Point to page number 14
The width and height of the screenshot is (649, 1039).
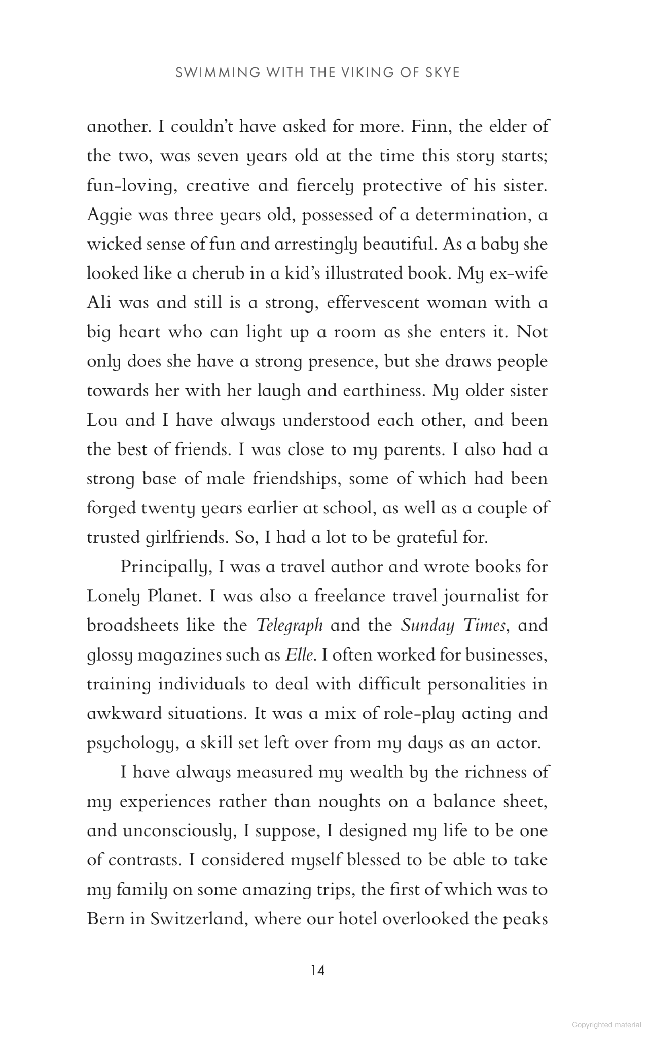pyautogui.click(x=317, y=970)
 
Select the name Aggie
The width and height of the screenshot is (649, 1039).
pyautogui.click(x=109, y=215)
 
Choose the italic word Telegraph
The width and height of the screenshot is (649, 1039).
pyautogui.click(x=290, y=626)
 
